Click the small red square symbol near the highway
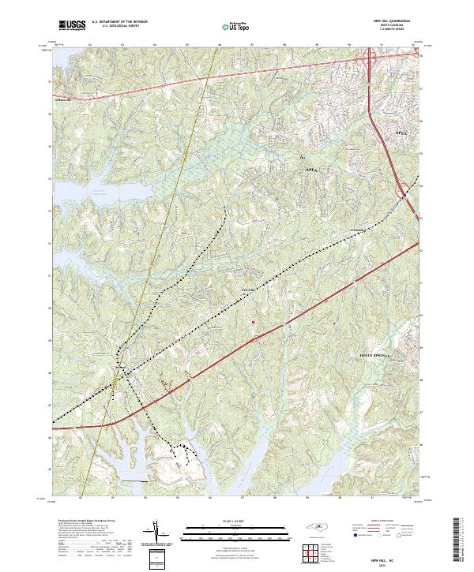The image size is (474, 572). pyautogui.click(x=252, y=322)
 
